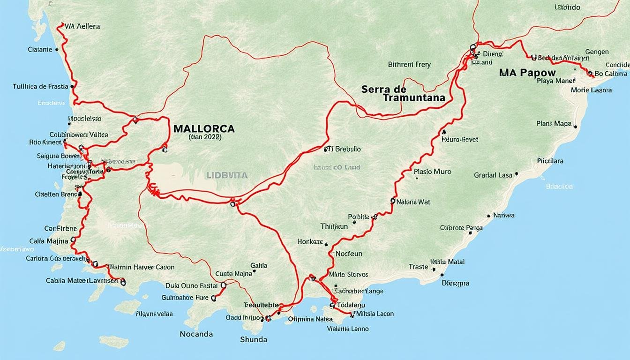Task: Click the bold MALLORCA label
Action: (204, 128)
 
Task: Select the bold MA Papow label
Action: (527, 73)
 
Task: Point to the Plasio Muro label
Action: (433, 172)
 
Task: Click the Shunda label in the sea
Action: (253, 339)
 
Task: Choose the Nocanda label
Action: (196, 334)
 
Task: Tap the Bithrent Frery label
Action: (409, 65)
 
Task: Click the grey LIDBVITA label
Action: (226, 175)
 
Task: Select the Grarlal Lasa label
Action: (493, 175)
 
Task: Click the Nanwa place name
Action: (504, 215)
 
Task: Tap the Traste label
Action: (418, 267)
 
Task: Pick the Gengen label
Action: (597, 52)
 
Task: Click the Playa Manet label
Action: (555, 81)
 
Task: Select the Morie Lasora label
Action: (591, 90)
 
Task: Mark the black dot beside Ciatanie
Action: (56, 49)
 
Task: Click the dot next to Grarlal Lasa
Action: (516, 173)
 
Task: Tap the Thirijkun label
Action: (334, 226)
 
